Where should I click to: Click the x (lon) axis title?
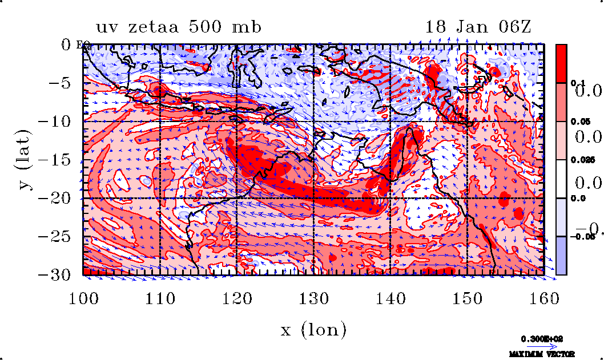[x=313, y=329]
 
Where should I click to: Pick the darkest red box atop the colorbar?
[x=562, y=63]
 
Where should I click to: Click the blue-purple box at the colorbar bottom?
[x=562, y=256]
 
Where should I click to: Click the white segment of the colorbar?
[x=562, y=179]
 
